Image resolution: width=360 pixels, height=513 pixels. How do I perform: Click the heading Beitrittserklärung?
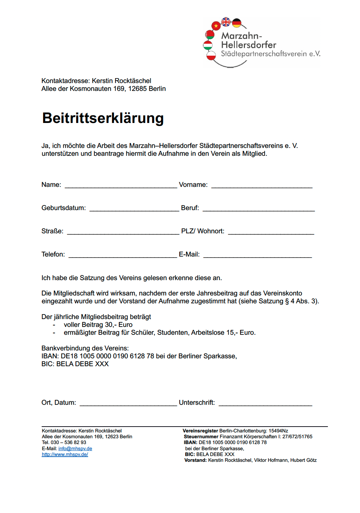(103, 118)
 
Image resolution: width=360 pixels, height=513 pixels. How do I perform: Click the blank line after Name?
(121, 186)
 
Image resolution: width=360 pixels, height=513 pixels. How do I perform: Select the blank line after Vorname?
(262, 186)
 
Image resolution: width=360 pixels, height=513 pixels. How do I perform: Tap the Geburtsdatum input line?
(134, 210)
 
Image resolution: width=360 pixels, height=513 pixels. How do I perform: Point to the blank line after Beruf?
(259, 210)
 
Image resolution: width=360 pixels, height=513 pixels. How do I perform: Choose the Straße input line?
(123, 233)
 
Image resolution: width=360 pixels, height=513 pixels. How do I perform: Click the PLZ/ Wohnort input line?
(271, 233)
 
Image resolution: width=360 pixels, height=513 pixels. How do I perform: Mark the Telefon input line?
(123, 256)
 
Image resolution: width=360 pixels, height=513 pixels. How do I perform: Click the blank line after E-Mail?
(258, 256)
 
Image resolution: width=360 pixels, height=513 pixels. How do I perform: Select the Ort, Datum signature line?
(128, 404)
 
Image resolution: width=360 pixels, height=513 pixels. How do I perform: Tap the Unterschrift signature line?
(265, 404)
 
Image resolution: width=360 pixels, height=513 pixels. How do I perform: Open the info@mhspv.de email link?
(75, 448)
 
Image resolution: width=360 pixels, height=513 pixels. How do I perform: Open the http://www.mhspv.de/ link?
(65, 454)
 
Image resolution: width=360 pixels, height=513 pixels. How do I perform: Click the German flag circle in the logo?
(237, 23)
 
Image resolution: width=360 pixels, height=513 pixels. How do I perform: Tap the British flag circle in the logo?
(226, 22)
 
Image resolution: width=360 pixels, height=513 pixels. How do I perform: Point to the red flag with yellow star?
(216, 26)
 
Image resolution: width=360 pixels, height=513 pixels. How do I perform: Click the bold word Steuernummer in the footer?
(201, 436)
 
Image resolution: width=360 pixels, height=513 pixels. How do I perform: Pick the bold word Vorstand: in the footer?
(195, 460)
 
